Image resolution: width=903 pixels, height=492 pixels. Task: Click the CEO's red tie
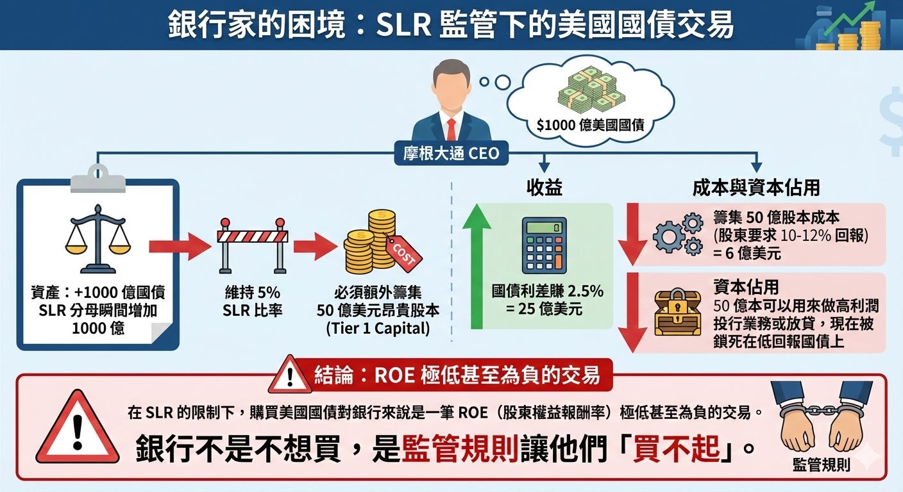coord(451,129)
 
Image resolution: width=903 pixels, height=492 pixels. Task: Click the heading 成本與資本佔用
coord(756,187)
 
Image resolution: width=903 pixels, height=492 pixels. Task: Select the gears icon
coord(677,234)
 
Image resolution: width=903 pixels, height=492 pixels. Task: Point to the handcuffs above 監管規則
coord(821,416)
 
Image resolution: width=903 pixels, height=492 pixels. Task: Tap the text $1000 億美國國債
coord(590,126)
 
